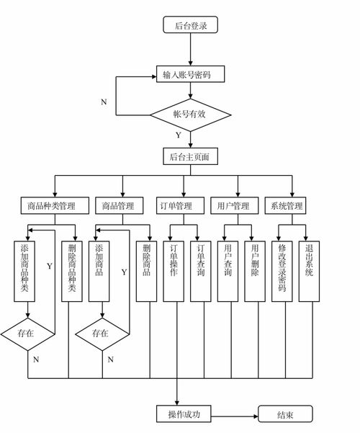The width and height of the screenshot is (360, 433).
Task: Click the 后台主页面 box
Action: click(x=190, y=156)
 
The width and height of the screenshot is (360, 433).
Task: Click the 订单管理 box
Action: click(x=176, y=206)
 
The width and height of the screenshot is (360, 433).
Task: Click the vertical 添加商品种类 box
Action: click(x=27, y=271)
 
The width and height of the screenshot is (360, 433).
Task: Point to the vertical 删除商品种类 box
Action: click(x=71, y=271)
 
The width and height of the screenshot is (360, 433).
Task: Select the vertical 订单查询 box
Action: click(x=202, y=271)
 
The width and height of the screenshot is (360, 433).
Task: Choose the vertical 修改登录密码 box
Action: click(x=282, y=271)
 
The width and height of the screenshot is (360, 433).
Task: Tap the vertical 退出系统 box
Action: click(x=308, y=271)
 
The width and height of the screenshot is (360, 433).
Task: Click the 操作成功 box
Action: click(x=185, y=414)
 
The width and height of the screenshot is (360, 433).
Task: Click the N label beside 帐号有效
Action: click(x=104, y=102)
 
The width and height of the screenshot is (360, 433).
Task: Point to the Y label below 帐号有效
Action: click(x=178, y=135)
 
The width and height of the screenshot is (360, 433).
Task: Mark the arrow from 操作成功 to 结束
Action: click(x=234, y=414)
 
